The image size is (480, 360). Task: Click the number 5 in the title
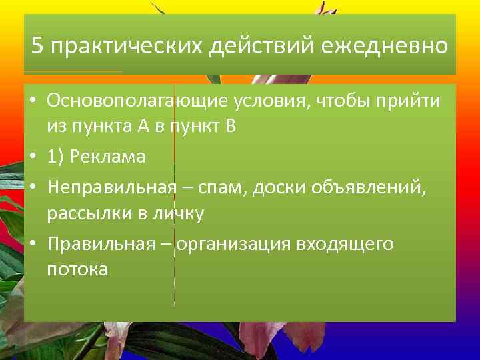point(38,47)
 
